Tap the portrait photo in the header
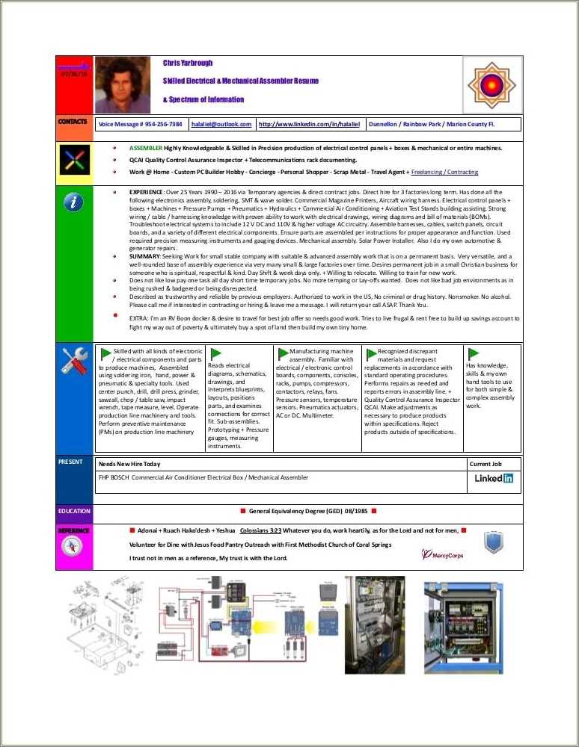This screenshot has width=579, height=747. coord(122,84)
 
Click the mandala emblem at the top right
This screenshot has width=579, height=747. coord(491,84)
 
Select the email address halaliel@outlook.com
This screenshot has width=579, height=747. coord(221,125)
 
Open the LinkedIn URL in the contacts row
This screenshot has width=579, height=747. coord(310,125)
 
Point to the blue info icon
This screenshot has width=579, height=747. coord(74,202)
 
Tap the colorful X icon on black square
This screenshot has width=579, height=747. coord(74,160)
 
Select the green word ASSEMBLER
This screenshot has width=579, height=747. coord(145,148)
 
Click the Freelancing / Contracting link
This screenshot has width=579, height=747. coord(444,172)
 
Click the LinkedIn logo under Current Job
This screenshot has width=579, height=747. coord(494,478)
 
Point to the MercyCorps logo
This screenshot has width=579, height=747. coord(442,554)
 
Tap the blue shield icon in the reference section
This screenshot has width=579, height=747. coord(493,542)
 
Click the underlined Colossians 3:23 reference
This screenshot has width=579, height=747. coord(260,530)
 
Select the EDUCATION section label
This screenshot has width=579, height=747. coord(74,511)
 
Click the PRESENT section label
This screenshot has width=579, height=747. coord(70,462)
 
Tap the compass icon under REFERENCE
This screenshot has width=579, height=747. coord(74,547)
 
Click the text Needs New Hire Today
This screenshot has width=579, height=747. coord(129,464)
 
